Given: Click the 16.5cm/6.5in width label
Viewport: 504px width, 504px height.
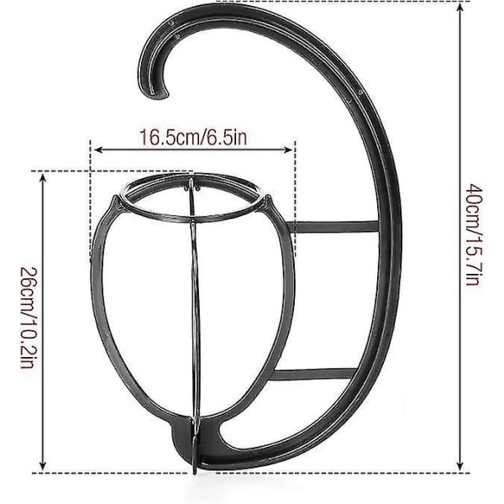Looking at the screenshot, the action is pos(193,137).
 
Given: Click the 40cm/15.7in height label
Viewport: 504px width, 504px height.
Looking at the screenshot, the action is pos(475,234).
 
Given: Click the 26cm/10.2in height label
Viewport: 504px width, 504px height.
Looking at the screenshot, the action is pos(29,318).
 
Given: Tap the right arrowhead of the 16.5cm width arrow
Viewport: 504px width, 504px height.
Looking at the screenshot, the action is pos(288,150).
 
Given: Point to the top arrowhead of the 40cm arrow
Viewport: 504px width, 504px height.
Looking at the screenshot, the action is pos(460,7).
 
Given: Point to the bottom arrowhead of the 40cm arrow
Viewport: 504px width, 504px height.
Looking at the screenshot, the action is pos(460,465).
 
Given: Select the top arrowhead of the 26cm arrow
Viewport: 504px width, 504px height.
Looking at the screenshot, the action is pos(43,177).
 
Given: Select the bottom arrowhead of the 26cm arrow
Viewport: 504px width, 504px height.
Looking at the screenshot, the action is pos(43,465).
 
